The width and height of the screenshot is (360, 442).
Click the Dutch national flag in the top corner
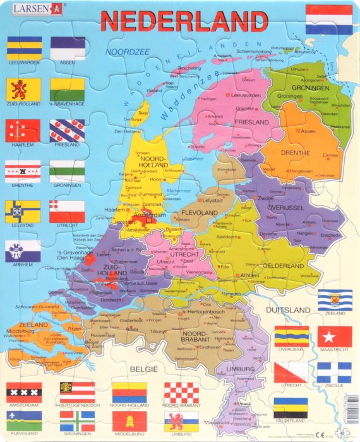coord(328,19)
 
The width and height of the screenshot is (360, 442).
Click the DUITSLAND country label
coord(288,310)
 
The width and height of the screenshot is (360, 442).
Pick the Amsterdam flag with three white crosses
coord(24,392)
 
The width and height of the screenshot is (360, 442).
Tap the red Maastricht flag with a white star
coord(334,337)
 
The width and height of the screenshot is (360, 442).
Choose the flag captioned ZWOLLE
coord(334,373)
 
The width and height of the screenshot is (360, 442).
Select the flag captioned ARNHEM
coord(23,251)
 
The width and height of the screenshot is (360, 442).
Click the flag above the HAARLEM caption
coord(23,131)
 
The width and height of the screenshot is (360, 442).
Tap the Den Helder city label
coord(127,131)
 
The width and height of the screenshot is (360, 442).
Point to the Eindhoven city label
coord(210,347)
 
